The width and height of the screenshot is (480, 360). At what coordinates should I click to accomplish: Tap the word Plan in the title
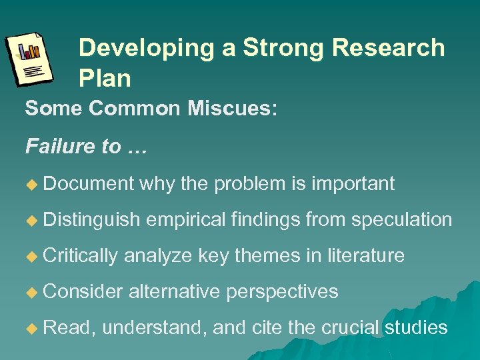105,79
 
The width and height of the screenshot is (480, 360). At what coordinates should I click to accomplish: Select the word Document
89,183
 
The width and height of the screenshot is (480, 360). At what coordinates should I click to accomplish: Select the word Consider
83,291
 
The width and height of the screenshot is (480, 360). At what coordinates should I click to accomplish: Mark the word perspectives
283,292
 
